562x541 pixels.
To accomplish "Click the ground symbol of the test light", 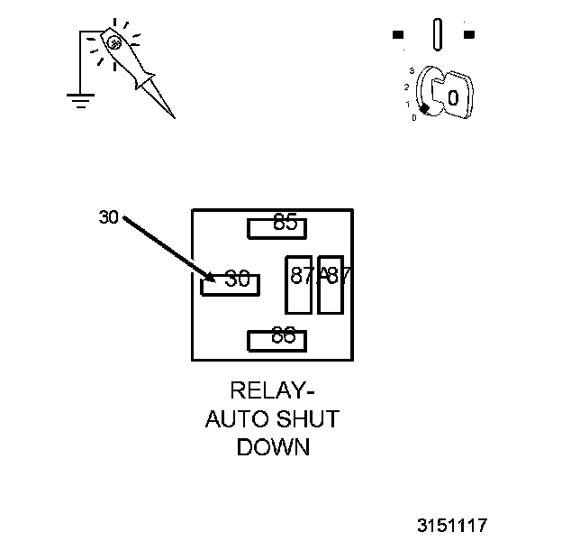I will pos(80,99).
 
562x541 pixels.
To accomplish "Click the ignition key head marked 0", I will pos(453,96).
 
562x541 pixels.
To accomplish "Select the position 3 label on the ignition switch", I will pos(412,70).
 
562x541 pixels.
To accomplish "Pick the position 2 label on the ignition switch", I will pos(406,87).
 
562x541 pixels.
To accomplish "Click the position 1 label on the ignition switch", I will pos(407,104).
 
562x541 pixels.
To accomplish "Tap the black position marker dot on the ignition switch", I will pos(423,108).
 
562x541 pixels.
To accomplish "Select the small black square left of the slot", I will pos(398,35).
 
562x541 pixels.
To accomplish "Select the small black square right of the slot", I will pos(468,35).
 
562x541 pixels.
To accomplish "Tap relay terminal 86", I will pos(277,340).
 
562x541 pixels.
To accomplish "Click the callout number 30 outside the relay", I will pos(109,216).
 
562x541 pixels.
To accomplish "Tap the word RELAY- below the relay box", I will pos(273,390).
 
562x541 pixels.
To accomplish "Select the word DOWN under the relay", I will pos(273,446).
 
